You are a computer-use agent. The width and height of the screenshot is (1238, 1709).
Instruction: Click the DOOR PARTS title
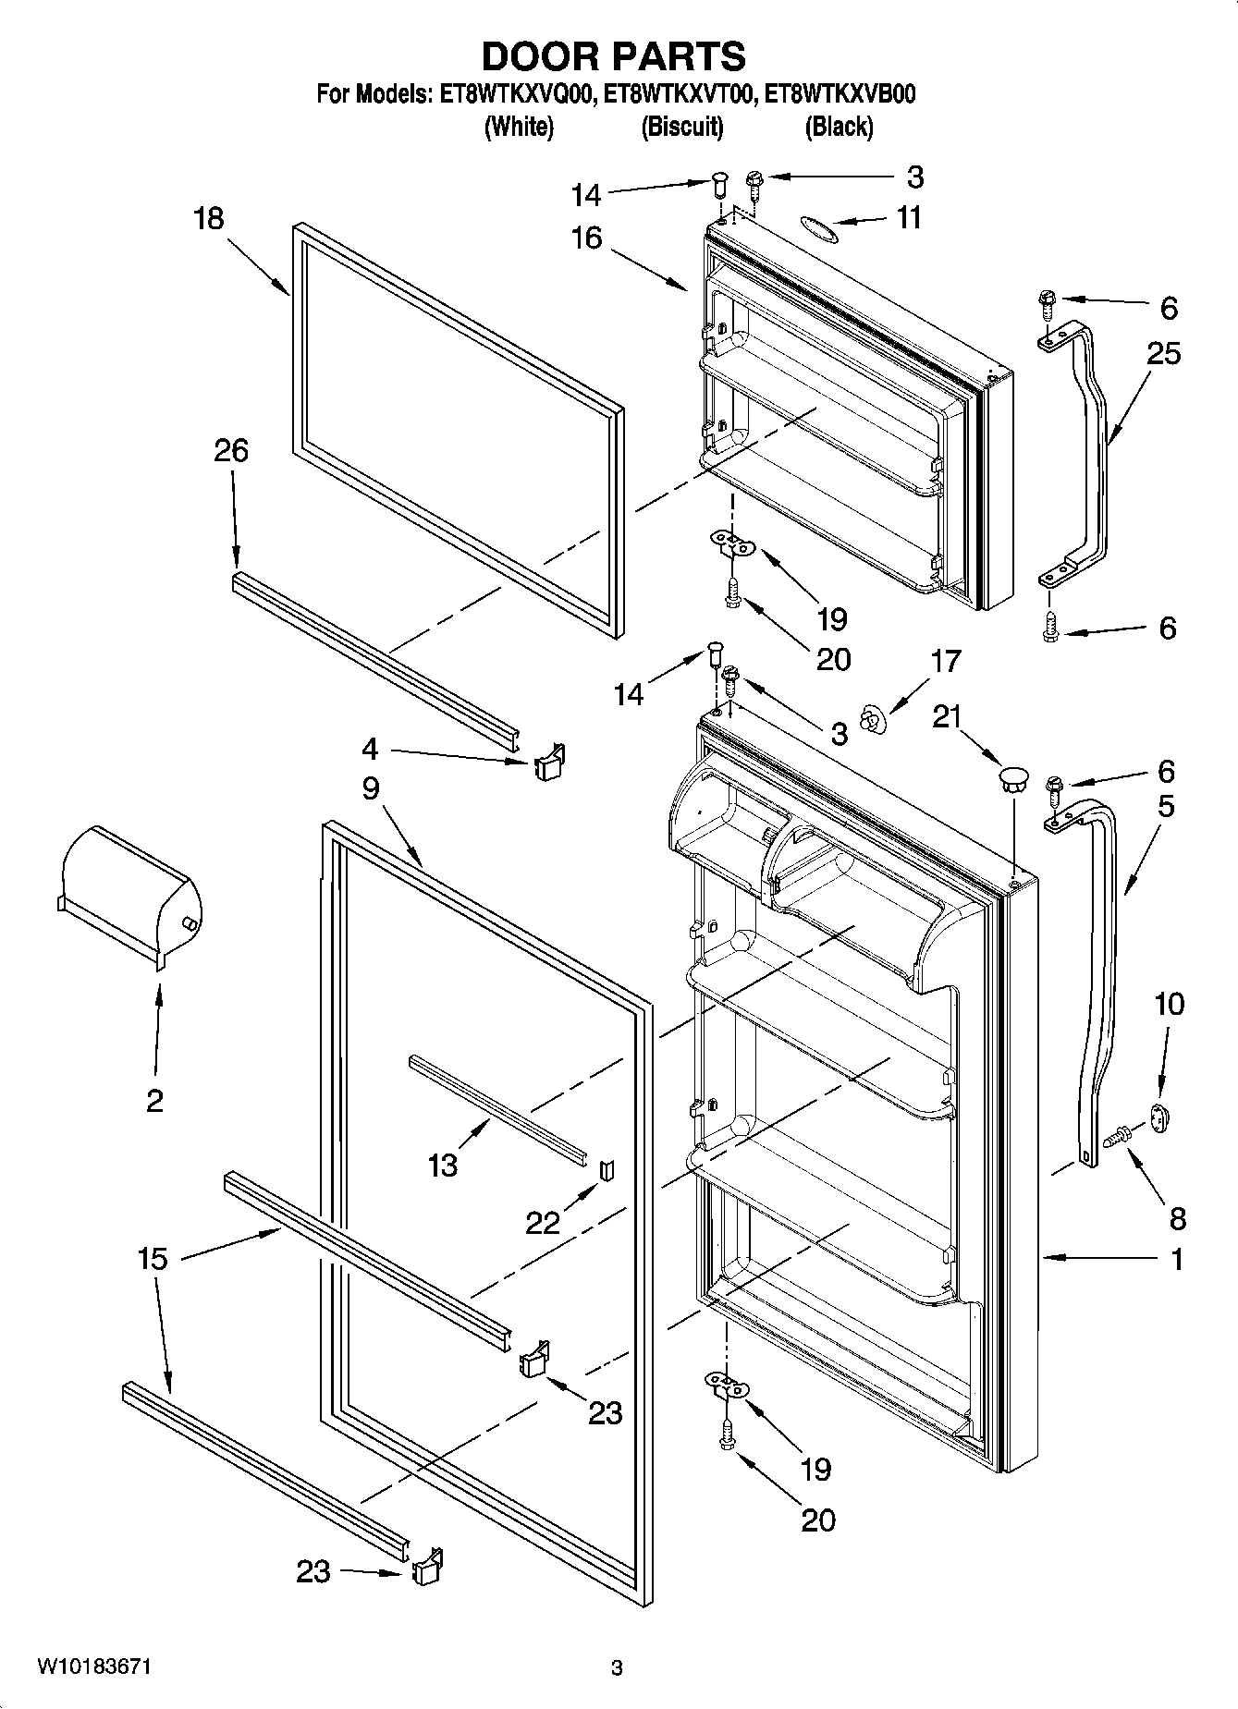click(x=614, y=56)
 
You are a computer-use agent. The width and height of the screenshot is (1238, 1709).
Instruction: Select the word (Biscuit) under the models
click(x=682, y=127)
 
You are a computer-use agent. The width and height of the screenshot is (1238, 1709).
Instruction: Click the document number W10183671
click(x=94, y=1667)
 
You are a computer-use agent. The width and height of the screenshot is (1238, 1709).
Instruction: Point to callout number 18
click(x=209, y=219)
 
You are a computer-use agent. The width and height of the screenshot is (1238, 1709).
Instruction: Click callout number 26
click(x=231, y=451)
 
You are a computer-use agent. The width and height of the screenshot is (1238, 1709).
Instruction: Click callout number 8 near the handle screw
click(x=1177, y=1218)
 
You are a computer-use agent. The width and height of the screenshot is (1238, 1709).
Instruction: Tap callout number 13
click(x=443, y=1166)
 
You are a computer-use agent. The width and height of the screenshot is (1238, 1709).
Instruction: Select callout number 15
click(x=153, y=1259)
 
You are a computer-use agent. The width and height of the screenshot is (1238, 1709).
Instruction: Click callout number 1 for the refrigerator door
click(x=1177, y=1259)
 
